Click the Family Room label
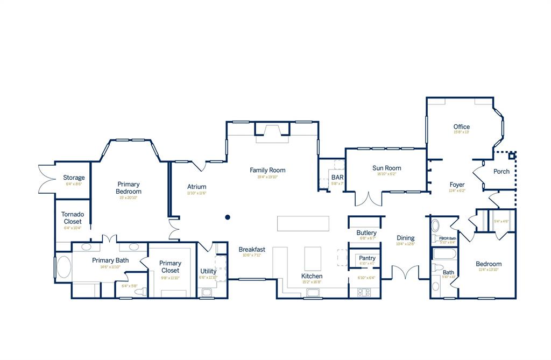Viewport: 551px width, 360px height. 267,170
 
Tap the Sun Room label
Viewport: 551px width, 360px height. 386,168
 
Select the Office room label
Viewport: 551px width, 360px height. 461,127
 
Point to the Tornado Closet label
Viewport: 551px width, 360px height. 72,218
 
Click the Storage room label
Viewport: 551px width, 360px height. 74,178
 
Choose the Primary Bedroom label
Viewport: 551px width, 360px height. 129,188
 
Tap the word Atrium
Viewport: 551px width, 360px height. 197,187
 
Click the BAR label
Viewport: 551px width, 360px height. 337,177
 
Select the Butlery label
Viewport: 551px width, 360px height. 366,232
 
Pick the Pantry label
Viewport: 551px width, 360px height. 367,258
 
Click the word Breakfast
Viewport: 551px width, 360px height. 252,249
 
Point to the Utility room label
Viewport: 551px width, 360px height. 208,271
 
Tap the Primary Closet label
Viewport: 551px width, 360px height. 170,266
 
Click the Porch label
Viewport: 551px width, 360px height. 501,172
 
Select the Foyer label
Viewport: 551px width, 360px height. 457,185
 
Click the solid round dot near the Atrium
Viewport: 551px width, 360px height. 228,217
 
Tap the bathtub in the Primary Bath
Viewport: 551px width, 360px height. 63,267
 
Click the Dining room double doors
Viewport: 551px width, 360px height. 405,272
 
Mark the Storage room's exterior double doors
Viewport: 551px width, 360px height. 44,178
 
